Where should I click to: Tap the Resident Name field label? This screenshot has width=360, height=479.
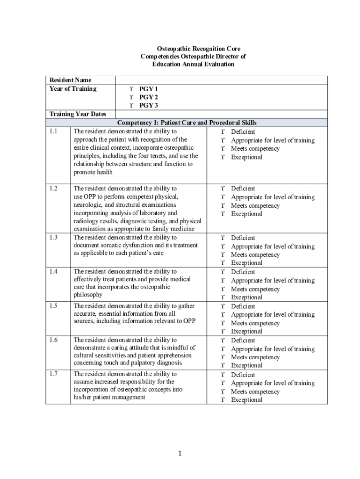tap(71, 80)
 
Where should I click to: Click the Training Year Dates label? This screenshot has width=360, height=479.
tap(78, 114)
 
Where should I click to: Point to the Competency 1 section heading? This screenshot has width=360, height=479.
tap(187, 123)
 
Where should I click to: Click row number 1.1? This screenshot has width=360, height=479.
tap(53, 131)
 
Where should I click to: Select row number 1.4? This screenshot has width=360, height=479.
tap(53, 271)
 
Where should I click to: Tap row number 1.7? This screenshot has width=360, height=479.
tap(53, 374)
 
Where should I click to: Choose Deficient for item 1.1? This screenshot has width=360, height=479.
tap(224, 132)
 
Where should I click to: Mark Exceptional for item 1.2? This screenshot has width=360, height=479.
tap(224, 214)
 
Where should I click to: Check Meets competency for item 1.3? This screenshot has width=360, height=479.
tap(224, 255)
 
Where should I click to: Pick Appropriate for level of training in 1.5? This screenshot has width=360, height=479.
tap(224, 315)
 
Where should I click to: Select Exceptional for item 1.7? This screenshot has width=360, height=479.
tap(224, 400)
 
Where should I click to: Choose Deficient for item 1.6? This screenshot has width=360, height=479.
tap(224, 341)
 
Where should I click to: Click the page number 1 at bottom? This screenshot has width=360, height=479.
tap(180, 453)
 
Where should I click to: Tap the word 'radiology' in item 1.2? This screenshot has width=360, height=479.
tap(87, 221)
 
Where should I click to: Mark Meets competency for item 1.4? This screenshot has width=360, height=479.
tap(224, 289)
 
